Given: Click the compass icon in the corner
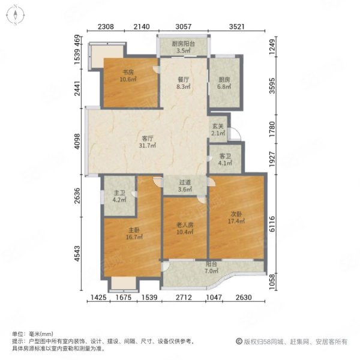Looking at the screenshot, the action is (x=16, y=15).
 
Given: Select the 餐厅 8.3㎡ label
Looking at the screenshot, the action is (x=184, y=83).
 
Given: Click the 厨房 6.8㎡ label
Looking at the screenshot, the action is (x=224, y=83).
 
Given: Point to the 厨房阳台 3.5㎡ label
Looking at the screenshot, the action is (x=183, y=47).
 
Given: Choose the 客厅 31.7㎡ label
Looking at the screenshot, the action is (x=148, y=142).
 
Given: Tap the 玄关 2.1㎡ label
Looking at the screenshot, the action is (x=218, y=130).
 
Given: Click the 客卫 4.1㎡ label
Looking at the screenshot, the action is (x=225, y=160).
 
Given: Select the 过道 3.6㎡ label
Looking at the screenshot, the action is (x=185, y=186).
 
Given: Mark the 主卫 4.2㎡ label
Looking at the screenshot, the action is (x=119, y=197).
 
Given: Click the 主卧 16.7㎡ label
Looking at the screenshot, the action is (x=134, y=233).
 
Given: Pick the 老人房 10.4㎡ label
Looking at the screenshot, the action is (x=185, y=229).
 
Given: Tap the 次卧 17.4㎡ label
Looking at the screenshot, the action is (x=236, y=217).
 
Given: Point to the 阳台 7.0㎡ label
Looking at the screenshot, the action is (x=211, y=268).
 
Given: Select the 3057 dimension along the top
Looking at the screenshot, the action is (x=183, y=26).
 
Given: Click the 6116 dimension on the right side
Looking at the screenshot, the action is (x=272, y=224).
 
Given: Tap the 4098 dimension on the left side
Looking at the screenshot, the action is (x=78, y=141).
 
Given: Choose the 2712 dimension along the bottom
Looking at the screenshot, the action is (x=184, y=298).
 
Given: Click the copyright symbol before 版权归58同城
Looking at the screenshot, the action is (x=239, y=341).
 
